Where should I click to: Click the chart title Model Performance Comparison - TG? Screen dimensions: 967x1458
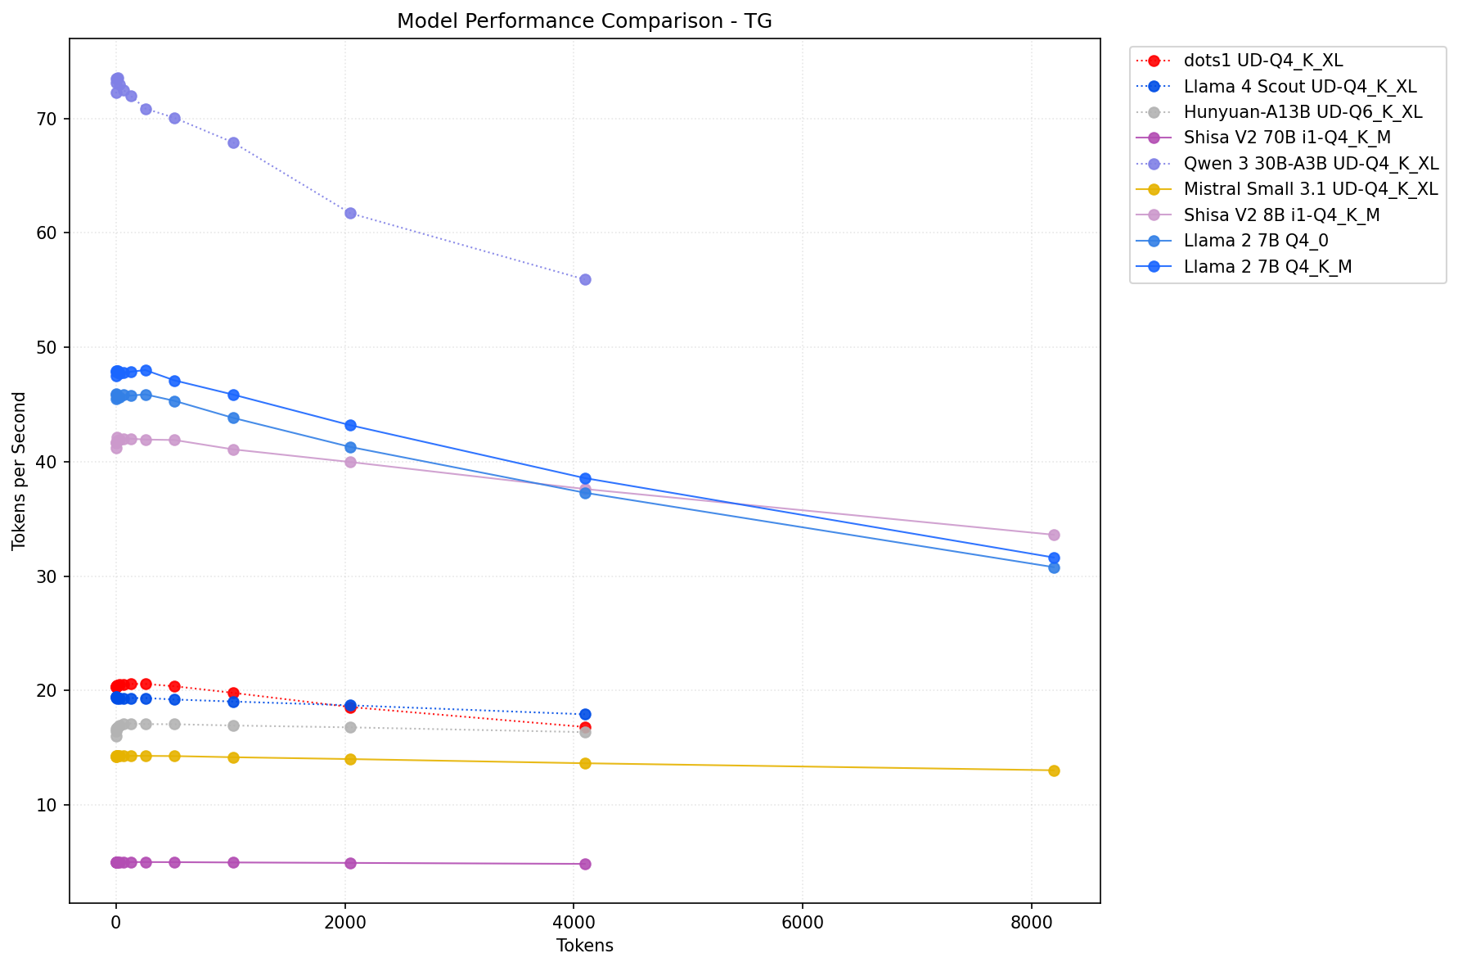coord(584,21)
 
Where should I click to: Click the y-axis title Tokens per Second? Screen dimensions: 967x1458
coord(20,471)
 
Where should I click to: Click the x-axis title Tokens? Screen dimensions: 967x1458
coord(584,946)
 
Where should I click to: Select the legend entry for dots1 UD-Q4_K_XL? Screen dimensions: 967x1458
coord(1262,61)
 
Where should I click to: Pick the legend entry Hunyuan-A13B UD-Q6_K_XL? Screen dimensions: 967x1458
coord(1303,112)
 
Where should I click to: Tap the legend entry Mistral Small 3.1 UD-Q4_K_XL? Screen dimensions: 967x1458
coord(1310,189)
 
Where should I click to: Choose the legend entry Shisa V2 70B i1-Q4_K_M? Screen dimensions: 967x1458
coord(1287,138)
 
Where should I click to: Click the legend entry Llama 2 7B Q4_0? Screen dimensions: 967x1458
coord(1256,241)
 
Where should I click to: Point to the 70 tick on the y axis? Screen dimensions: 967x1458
coord(49,119)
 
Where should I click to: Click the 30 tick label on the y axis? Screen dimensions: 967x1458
coord(49,576)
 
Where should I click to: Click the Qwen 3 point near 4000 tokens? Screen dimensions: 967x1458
coord(585,279)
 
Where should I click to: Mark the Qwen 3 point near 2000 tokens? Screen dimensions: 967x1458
coord(350,213)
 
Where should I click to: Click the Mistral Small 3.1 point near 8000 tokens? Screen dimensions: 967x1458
coord(1054,770)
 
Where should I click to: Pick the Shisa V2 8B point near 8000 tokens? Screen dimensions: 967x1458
coord(1054,535)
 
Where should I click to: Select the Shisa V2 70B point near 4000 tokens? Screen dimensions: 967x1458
coord(585,864)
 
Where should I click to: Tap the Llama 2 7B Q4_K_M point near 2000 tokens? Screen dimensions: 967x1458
coord(350,425)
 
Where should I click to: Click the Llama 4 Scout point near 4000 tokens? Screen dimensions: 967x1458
coord(585,714)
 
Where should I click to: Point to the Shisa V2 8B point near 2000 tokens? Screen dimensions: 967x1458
coord(350,462)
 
